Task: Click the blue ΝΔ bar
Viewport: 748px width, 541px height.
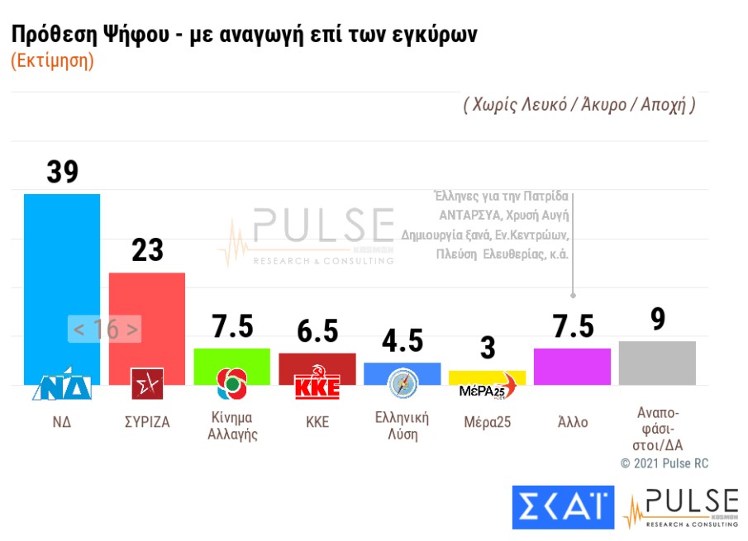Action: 62,273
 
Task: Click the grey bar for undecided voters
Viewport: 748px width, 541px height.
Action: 657,363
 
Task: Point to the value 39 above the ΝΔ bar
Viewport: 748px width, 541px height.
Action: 62,172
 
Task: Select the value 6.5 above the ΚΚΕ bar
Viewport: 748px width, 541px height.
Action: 317,331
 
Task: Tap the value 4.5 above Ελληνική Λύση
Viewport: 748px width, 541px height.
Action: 403,340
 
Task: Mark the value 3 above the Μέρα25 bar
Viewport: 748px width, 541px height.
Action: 488,349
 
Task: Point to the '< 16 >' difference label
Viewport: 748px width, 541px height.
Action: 105,329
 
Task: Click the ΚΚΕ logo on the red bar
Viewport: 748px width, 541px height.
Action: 317,387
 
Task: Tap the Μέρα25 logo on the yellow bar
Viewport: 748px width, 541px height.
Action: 487,388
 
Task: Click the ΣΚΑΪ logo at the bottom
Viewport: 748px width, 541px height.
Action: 563,506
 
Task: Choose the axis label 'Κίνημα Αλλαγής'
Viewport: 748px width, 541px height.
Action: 232,426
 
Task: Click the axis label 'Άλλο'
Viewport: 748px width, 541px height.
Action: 572,422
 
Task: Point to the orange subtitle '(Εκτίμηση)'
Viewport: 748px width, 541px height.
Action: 52,61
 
